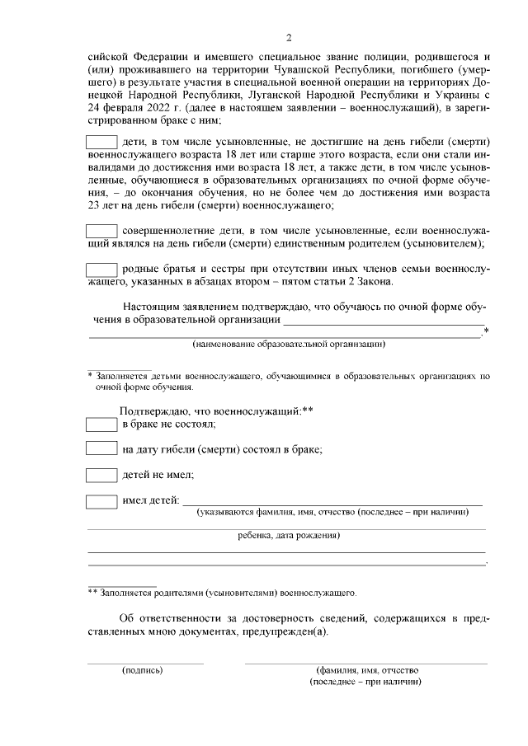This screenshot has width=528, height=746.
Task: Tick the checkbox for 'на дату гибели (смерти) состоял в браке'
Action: (x=102, y=449)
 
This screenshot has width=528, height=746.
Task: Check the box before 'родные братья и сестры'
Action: (x=102, y=269)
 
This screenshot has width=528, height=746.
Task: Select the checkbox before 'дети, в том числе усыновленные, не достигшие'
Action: (x=102, y=140)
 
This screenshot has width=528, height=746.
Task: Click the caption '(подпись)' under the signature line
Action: (x=143, y=670)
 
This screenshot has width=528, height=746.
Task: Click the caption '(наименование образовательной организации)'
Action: (x=289, y=343)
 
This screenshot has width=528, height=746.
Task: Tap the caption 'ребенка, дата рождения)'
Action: (x=288, y=535)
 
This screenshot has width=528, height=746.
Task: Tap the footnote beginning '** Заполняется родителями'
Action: (x=223, y=592)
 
